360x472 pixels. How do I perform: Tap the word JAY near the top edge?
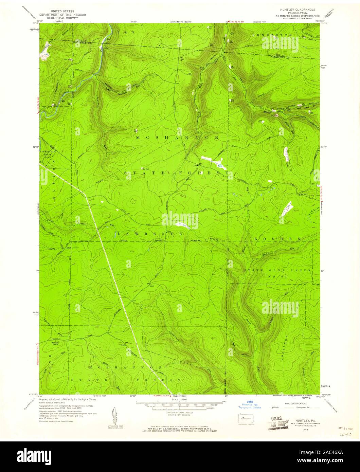[x=122, y=32]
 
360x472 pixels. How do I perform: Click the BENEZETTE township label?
[x=272, y=35]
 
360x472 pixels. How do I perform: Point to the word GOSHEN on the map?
[x=277, y=239]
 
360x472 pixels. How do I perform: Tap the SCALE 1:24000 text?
[x=179, y=399]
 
